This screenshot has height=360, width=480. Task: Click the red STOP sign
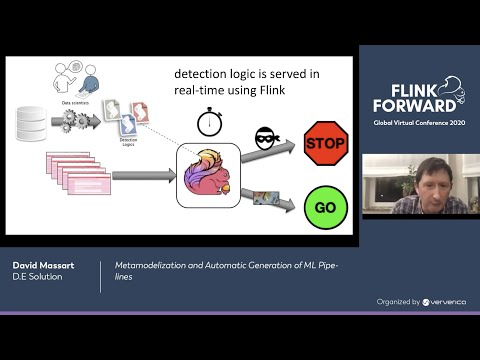(324, 143)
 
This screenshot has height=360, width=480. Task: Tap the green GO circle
(324, 207)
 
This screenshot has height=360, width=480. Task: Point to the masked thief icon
(266, 139)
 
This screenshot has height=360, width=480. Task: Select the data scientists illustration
(76, 79)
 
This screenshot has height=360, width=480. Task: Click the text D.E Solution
(38, 276)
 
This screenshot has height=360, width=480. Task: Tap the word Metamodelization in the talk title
(151, 265)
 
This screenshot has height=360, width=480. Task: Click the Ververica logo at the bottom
(444, 301)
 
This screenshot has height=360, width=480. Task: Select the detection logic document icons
(124, 113)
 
